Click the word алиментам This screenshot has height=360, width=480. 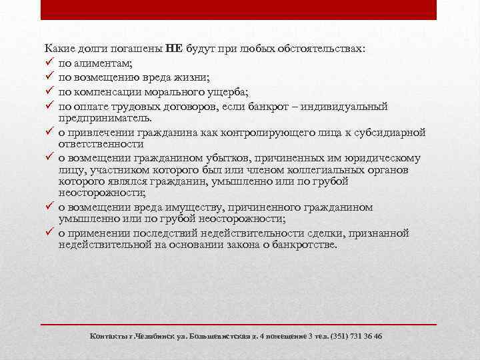[x=103, y=63]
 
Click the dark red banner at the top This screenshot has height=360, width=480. [x=239, y=9]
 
